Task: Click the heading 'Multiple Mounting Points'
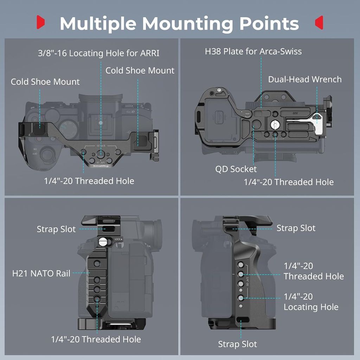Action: [x=179, y=23]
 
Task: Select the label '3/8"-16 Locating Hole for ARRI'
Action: [x=98, y=53]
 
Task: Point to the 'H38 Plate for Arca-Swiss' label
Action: [x=253, y=51]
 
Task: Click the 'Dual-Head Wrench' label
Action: [x=305, y=79]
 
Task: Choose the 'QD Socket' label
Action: [x=236, y=169]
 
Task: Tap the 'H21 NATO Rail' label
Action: [x=41, y=273]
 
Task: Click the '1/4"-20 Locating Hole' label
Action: [x=311, y=302]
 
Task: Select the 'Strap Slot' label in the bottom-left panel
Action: [x=56, y=229]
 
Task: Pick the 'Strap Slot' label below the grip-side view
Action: [x=237, y=344]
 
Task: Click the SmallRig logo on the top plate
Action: [x=101, y=166]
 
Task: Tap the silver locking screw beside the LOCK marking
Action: [x=103, y=242]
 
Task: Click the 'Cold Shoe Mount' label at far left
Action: [x=45, y=82]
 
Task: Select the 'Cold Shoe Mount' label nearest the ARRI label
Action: [x=140, y=70]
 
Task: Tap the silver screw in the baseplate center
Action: [x=275, y=124]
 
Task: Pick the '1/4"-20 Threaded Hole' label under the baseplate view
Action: [x=289, y=182]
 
